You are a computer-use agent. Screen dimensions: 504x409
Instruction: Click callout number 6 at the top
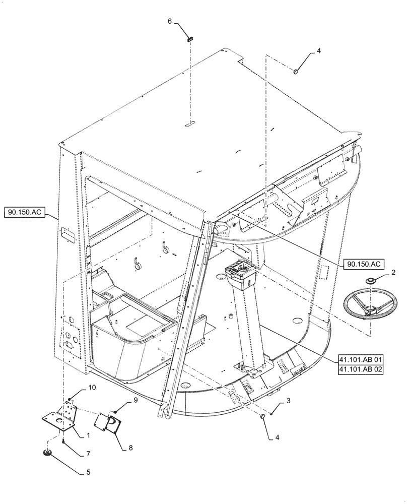coord(170,21)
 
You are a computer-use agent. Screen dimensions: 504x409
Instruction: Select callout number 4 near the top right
coord(318,51)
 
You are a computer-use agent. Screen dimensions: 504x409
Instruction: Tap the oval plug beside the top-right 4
coord(296,72)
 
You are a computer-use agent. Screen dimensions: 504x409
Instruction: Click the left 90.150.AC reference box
coord(26,213)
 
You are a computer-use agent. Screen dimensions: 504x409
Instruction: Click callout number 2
coord(393,273)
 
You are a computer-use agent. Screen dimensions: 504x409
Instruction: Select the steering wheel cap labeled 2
coord(371,281)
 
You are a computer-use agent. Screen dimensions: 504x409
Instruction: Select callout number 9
coord(135,401)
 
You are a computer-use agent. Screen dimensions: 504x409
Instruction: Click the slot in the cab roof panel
coord(189,123)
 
